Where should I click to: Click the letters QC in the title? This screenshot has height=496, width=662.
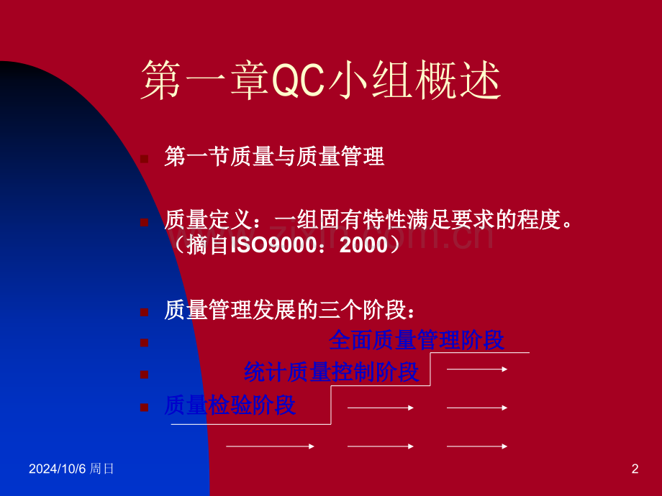click(x=299, y=80)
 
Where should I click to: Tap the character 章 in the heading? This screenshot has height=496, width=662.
click(x=250, y=80)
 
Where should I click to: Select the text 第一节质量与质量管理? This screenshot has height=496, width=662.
click(x=274, y=157)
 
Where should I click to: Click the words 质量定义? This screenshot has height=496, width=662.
click(x=209, y=220)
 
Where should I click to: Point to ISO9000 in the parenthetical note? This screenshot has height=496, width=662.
click(x=273, y=245)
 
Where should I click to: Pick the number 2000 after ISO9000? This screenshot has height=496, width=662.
click(x=363, y=245)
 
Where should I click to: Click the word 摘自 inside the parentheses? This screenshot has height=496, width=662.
click(x=208, y=245)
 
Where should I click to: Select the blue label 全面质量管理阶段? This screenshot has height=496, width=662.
click(x=417, y=340)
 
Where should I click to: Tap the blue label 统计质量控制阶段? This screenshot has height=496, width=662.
click(x=332, y=372)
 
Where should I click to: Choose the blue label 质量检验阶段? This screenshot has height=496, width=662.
click(x=230, y=405)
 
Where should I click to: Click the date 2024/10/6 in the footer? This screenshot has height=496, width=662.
click(x=57, y=469)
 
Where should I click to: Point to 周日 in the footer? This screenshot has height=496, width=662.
click(x=101, y=469)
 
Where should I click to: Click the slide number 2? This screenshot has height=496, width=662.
click(x=635, y=469)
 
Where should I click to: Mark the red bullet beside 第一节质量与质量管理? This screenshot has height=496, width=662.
click(x=145, y=159)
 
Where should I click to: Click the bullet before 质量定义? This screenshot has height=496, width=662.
click(x=145, y=222)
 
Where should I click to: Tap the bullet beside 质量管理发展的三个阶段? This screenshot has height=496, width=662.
click(x=145, y=312)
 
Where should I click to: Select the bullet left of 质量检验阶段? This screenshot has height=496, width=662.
click(x=145, y=408)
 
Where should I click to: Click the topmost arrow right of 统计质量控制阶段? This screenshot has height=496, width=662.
click(x=477, y=369)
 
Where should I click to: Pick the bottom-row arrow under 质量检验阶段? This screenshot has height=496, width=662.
click(x=271, y=446)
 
